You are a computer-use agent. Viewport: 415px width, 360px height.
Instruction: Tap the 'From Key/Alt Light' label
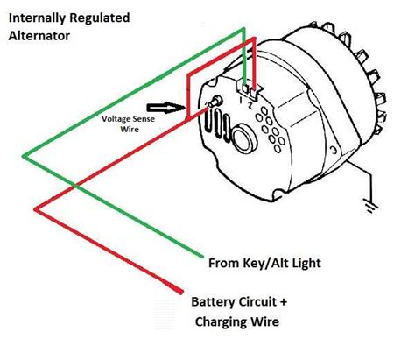pyautogui.click(x=265, y=262)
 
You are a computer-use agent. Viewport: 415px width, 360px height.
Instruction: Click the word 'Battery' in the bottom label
pyautogui.click(x=214, y=302)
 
